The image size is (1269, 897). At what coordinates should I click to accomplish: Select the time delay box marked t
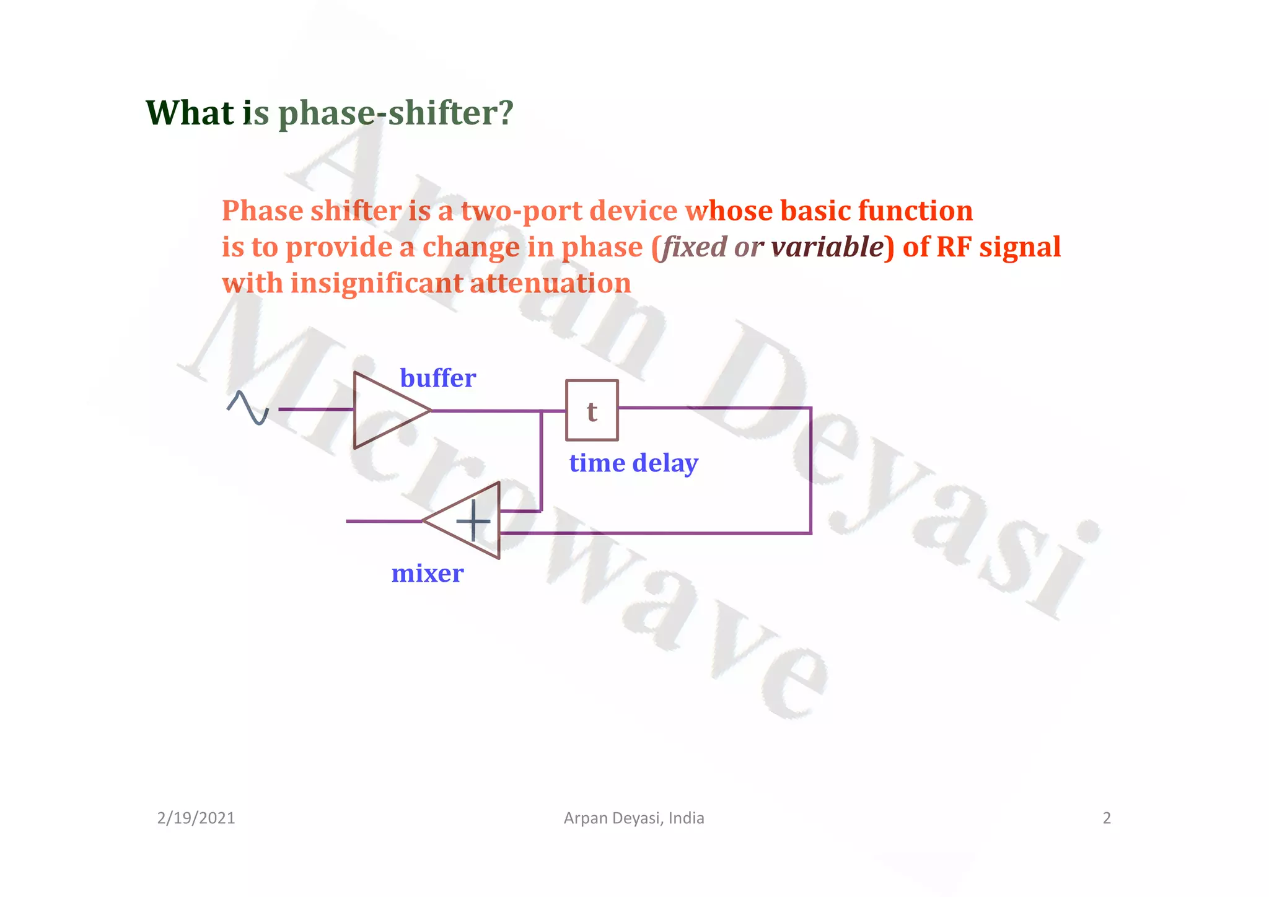click(592, 410)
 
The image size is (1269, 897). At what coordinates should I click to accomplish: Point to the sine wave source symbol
click(248, 408)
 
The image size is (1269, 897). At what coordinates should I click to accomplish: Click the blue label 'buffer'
click(437, 378)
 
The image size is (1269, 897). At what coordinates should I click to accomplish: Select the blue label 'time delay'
click(633, 463)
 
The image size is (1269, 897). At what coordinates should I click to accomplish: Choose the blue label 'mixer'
click(427, 574)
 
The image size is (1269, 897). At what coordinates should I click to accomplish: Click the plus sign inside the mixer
click(473, 521)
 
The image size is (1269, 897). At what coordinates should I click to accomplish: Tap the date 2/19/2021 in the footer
click(196, 818)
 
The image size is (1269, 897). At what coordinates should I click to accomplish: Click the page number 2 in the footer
click(1107, 818)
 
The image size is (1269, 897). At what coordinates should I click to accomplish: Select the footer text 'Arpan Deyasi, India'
click(634, 818)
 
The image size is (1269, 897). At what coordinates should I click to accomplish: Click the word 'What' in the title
click(190, 113)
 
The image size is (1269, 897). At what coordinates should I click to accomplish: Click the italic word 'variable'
click(827, 247)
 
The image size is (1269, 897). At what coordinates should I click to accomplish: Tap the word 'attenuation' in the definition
click(550, 283)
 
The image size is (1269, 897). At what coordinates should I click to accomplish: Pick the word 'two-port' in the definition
click(522, 211)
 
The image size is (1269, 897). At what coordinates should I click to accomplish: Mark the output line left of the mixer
click(383, 522)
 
